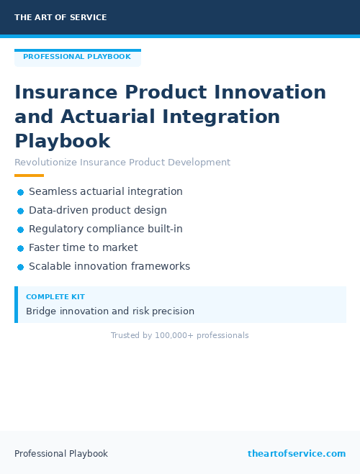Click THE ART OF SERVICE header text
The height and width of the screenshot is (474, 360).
[x=60, y=17]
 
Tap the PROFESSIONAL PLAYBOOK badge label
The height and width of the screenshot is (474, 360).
[x=77, y=57]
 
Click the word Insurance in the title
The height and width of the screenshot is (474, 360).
[x=66, y=93]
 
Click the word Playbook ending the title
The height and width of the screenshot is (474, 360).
[x=63, y=141]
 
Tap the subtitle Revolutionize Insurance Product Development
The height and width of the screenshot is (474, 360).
[x=122, y=163]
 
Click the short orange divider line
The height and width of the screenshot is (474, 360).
[x=30, y=176]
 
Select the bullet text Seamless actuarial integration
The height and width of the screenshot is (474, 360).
[x=106, y=192]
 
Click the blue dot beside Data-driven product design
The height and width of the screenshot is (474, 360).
[x=21, y=211]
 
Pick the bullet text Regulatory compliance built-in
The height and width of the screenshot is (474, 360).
[x=106, y=229]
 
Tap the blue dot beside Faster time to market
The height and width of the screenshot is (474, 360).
[x=21, y=248]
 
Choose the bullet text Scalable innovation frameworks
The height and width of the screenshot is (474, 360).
[x=109, y=267]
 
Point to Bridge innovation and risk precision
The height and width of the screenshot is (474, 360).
[x=110, y=311]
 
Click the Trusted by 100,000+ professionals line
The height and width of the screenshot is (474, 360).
[x=180, y=336]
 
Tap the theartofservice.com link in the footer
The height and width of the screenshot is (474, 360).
[x=297, y=454]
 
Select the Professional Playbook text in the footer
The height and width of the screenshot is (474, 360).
[x=61, y=454]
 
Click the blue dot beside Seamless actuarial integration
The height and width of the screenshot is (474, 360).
[x=21, y=192]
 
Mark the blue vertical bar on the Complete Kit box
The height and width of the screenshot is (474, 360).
[x=16, y=304]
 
